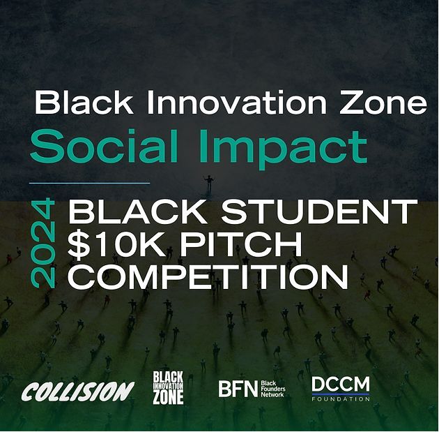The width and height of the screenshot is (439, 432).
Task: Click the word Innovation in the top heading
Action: [x=237, y=103]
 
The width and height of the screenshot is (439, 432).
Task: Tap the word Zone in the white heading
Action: [x=384, y=103]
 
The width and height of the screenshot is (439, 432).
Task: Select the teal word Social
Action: [x=104, y=146]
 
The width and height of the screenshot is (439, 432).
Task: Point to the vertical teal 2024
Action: [x=43, y=243]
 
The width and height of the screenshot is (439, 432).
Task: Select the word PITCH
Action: [x=241, y=244]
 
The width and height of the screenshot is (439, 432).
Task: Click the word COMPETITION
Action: [x=208, y=277]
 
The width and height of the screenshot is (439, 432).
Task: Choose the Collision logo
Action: [x=78, y=391]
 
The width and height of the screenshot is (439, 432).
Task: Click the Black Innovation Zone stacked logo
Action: [x=168, y=388]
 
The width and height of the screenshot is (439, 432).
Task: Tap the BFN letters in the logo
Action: [x=238, y=389]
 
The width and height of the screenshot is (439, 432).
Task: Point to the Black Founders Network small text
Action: [x=273, y=389]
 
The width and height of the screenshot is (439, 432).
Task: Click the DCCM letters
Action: [x=341, y=384]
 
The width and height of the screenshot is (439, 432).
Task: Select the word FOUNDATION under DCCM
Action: [x=341, y=399]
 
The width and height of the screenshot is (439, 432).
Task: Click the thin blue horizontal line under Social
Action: [x=89, y=183]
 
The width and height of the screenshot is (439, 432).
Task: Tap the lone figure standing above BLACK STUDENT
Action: [x=208, y=184]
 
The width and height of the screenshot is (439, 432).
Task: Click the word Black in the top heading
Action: [x=84, y=103]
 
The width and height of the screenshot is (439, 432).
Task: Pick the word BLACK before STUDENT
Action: [x=138, y=211]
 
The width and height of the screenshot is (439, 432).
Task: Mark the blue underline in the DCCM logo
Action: [x=341, y=394]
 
